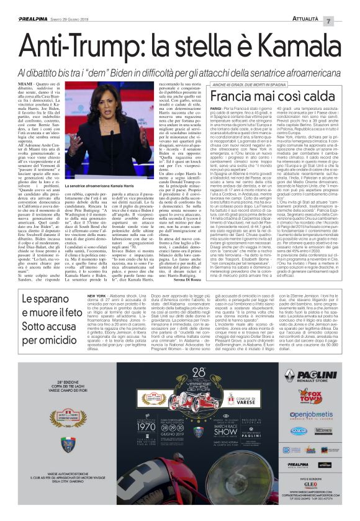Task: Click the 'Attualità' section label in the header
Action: click(322, 7)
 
